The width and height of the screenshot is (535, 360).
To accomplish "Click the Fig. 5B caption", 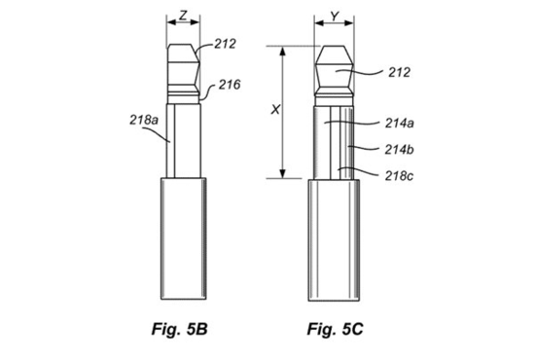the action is coord(180,329).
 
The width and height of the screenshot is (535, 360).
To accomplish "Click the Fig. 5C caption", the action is coord(335,329).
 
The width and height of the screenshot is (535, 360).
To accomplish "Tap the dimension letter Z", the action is coord(183,16).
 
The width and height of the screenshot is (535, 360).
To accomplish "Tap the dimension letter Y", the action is coord(335,17).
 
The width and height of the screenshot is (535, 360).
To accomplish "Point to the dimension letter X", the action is coord(275,110).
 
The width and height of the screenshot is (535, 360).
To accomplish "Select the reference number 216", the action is coord(230,85).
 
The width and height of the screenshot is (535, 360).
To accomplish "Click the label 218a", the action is coord(144,120).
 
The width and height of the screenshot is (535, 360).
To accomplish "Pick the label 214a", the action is coord(399,124).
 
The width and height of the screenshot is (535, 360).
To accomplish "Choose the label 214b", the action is coord(399,150).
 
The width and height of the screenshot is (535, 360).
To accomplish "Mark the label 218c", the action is coord(399,176).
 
